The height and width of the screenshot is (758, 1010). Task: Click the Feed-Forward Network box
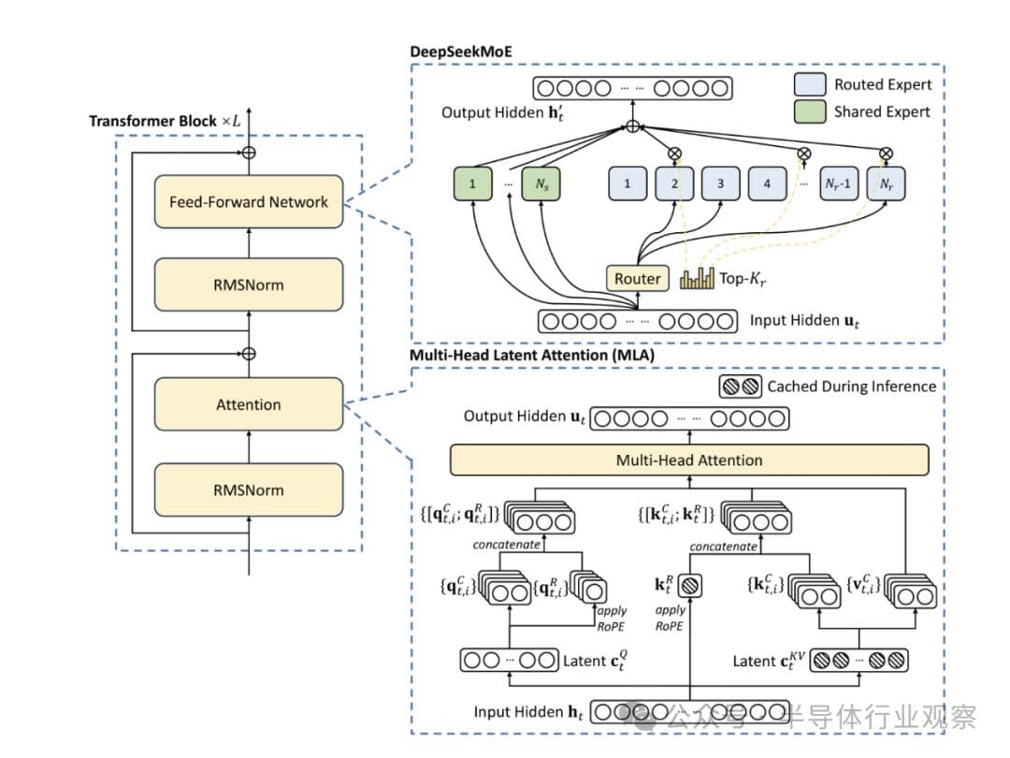pos(249,201)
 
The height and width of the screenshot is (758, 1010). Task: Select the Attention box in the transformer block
pos(249,404)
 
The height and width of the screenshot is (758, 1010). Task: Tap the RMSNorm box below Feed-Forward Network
pos(249,285)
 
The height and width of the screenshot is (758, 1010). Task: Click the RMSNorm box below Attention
pos(249,489)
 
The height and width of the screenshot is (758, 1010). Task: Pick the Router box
pos(637,278)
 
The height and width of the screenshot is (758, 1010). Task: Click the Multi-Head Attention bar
pos(689,459)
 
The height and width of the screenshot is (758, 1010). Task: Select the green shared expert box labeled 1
pos(473,183)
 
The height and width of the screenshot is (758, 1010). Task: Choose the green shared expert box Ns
pos(541,183)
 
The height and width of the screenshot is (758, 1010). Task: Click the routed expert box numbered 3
pos(720,183)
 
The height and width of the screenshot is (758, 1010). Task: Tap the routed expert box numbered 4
pos(767,183)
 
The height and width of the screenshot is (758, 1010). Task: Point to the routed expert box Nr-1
pos(837,183)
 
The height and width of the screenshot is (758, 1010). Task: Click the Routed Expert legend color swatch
pos(807,84)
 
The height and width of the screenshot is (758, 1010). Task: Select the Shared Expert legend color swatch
pos(807,111)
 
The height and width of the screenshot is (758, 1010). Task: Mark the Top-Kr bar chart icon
pos(697,278)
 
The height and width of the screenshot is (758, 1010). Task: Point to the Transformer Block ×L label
pos(164,122)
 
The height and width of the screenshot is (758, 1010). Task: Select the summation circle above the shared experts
pos(633,125)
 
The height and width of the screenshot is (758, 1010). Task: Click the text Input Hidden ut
pos(801,320)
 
